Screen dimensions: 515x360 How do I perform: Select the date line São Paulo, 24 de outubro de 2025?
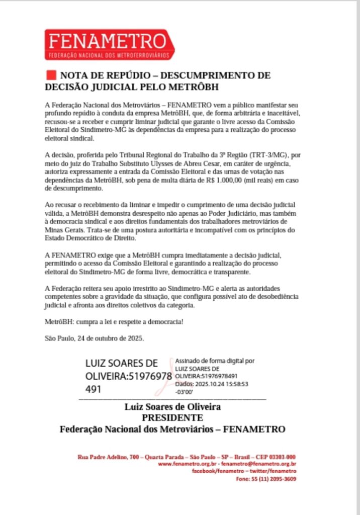coord(95,337)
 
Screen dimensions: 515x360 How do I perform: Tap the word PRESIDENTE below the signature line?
coord(172,418)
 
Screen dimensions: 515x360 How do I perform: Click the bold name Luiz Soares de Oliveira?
coord(172,407)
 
